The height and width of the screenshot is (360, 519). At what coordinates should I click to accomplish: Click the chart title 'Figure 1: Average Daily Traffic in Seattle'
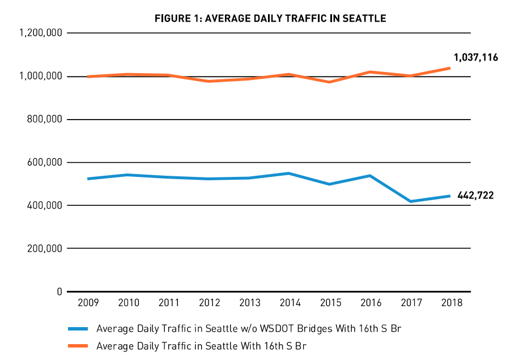click(270, 19)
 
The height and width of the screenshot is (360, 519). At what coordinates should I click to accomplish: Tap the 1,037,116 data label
click(475, 57)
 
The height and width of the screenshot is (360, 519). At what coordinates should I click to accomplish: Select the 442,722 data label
click(475, 196)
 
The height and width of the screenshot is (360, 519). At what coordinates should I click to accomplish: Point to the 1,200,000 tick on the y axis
click(40, 33)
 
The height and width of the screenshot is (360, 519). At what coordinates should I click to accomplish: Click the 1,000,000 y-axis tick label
click(40, 77)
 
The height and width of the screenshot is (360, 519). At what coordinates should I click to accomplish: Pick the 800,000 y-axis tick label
click(44, 120)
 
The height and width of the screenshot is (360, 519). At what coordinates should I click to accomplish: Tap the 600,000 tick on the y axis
click(44, 163)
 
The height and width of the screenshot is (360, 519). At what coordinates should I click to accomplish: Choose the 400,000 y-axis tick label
click(44, 206)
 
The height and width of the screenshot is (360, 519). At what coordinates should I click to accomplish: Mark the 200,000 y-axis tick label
click(44, 249)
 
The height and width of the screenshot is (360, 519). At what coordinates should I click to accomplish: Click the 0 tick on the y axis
click(59, 292)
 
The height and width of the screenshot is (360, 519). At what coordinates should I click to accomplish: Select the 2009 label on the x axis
click(88, 303)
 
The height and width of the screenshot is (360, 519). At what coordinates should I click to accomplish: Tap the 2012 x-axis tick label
click(209, 303)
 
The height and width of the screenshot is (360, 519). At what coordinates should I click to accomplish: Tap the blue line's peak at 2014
click(290, 173)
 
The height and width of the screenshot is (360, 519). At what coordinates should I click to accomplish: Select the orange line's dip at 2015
click(330, 82)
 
